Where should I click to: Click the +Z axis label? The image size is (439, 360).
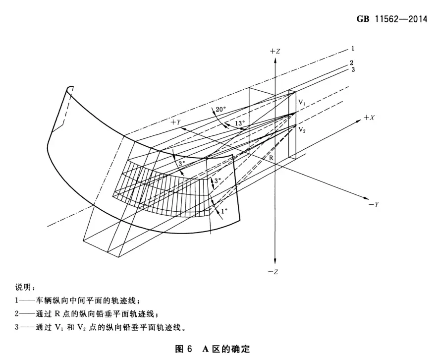point(274,51)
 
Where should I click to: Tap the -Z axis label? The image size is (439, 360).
point(273,272)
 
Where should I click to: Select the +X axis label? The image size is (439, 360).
point(369,118)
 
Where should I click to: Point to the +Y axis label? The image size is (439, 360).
point(176,122)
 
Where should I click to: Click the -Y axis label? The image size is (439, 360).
point(374,205)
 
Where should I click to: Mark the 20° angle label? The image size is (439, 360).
point(220,109)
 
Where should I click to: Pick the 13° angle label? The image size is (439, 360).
point(240,123)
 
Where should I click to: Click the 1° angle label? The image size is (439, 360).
point(224,211)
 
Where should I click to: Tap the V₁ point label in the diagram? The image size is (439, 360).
point(302,103)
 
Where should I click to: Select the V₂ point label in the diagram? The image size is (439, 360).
point(302,130)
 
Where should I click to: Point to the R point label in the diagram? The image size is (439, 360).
point(271,158)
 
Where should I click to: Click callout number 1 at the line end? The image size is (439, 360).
point(353,49)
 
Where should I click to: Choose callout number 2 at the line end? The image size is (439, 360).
point(352,63)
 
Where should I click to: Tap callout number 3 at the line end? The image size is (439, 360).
point(353,69)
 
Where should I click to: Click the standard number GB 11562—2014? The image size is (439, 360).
point(392,19)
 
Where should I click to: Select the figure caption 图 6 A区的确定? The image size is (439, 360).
point(213,349)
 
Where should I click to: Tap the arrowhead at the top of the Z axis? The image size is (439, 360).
point(275,60)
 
